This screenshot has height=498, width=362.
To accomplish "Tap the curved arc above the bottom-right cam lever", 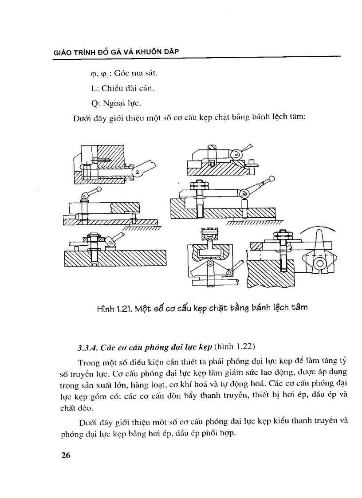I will pos(318,230).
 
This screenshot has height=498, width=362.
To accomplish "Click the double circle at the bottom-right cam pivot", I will pos(319,264).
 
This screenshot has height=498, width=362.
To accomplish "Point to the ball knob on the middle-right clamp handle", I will pos(272,178).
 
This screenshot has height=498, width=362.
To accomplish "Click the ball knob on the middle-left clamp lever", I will pos(98,190).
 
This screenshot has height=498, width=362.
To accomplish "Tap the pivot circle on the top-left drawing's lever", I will pos(138,172).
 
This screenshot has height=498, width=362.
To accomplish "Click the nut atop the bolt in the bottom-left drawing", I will pos(94,235).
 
